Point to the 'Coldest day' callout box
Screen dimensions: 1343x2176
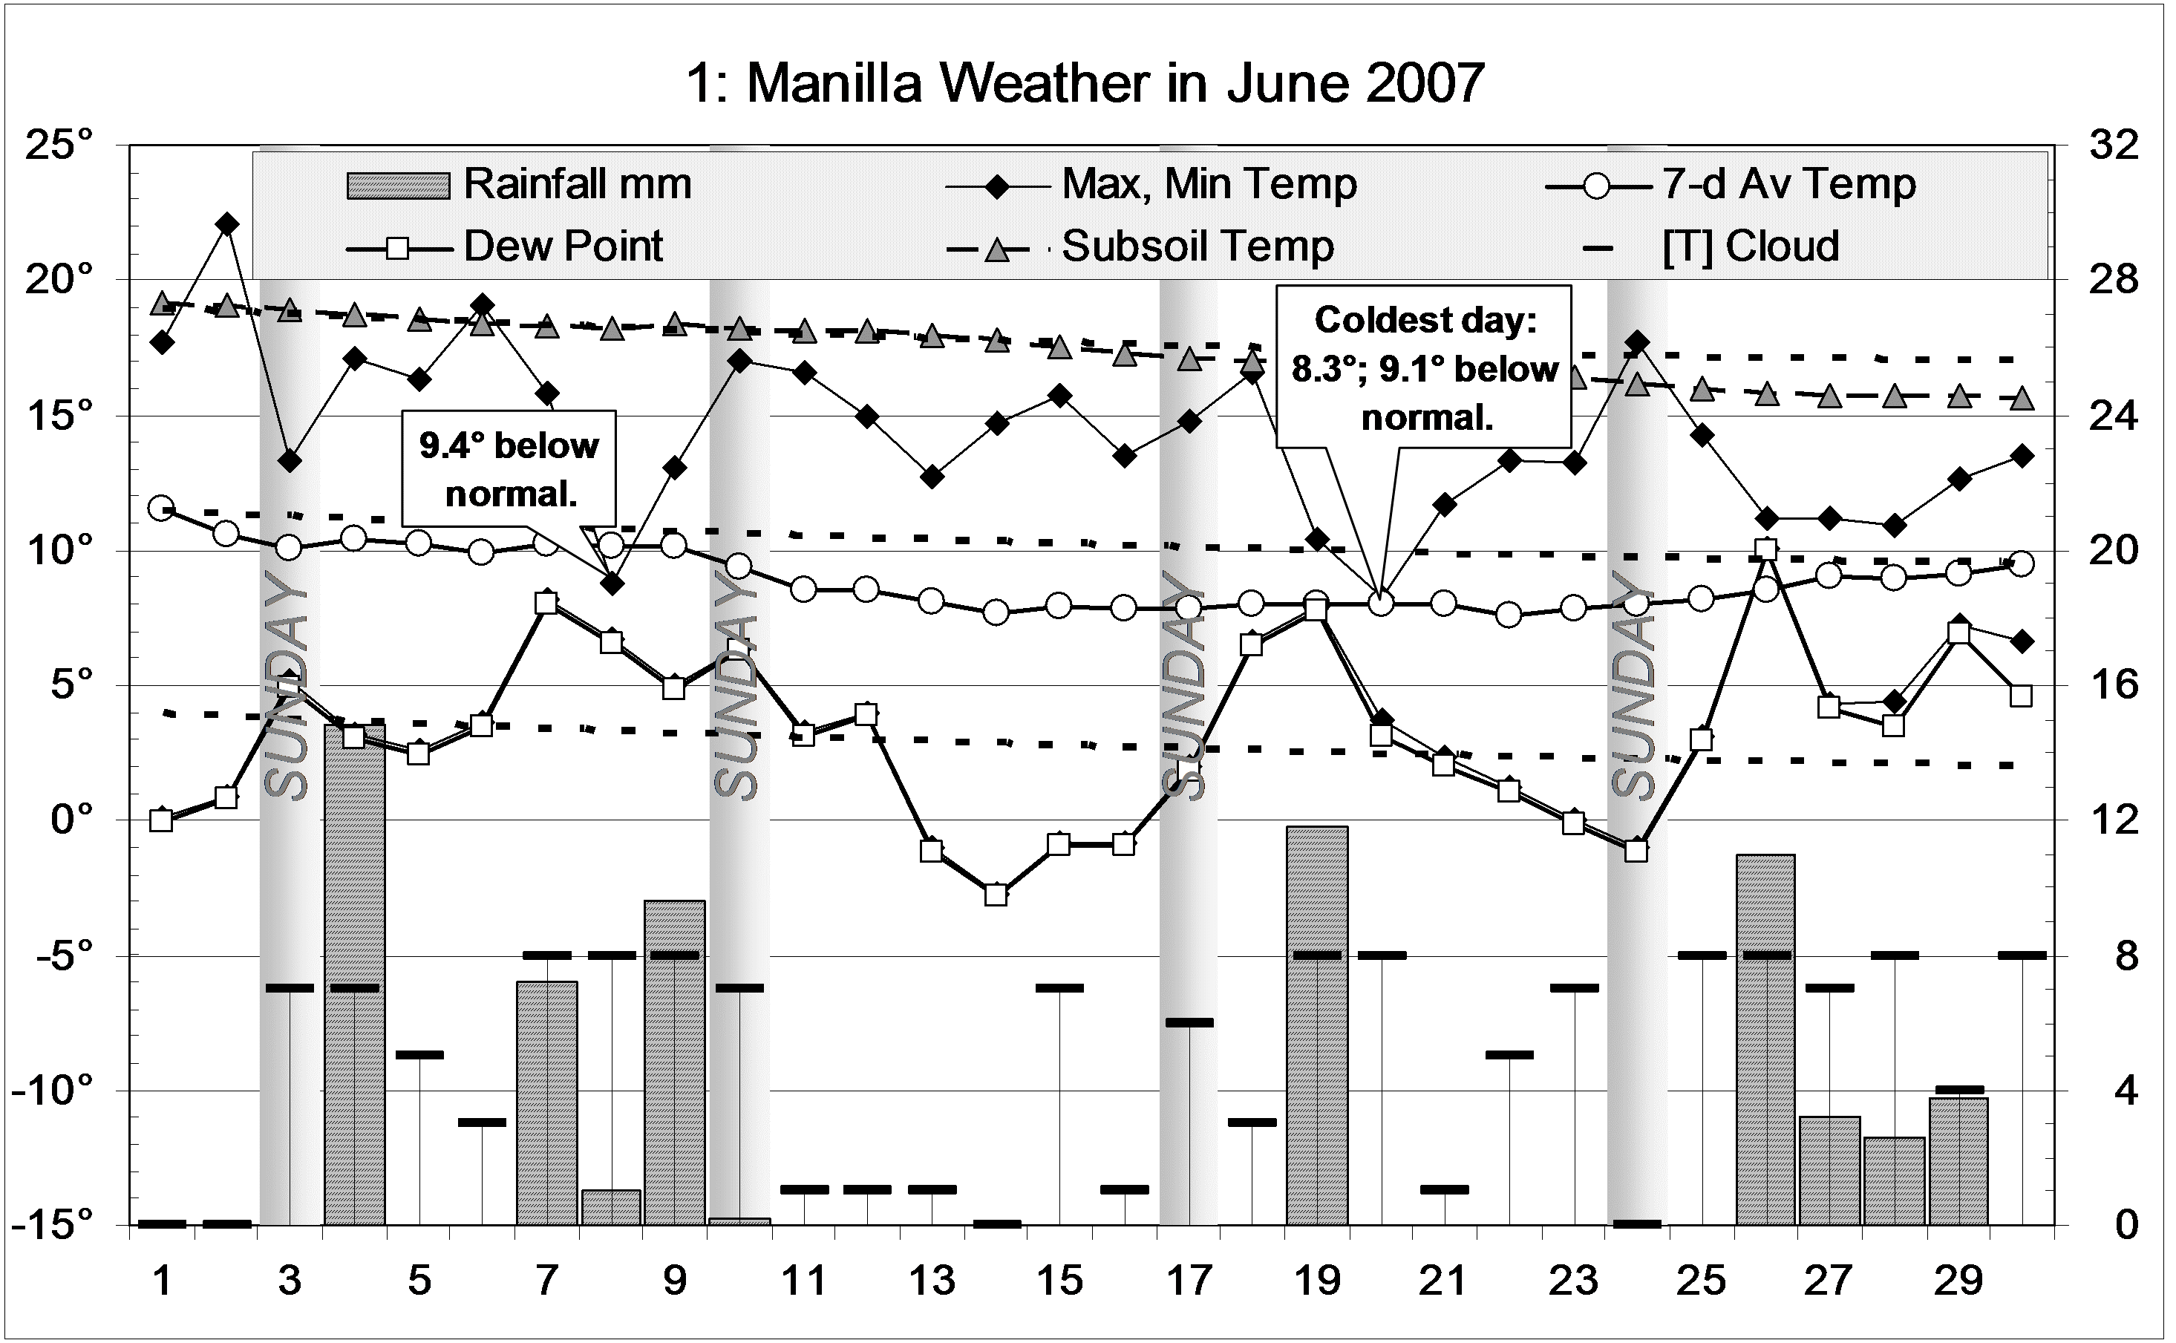[1424, 367]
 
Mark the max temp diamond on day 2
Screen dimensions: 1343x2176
[227, 224]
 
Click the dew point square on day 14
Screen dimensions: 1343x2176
[996, 895]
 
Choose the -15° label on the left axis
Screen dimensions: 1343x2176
[53, 1225]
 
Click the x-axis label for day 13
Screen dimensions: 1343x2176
[932, 1281]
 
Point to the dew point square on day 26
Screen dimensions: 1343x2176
[1766, 550]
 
